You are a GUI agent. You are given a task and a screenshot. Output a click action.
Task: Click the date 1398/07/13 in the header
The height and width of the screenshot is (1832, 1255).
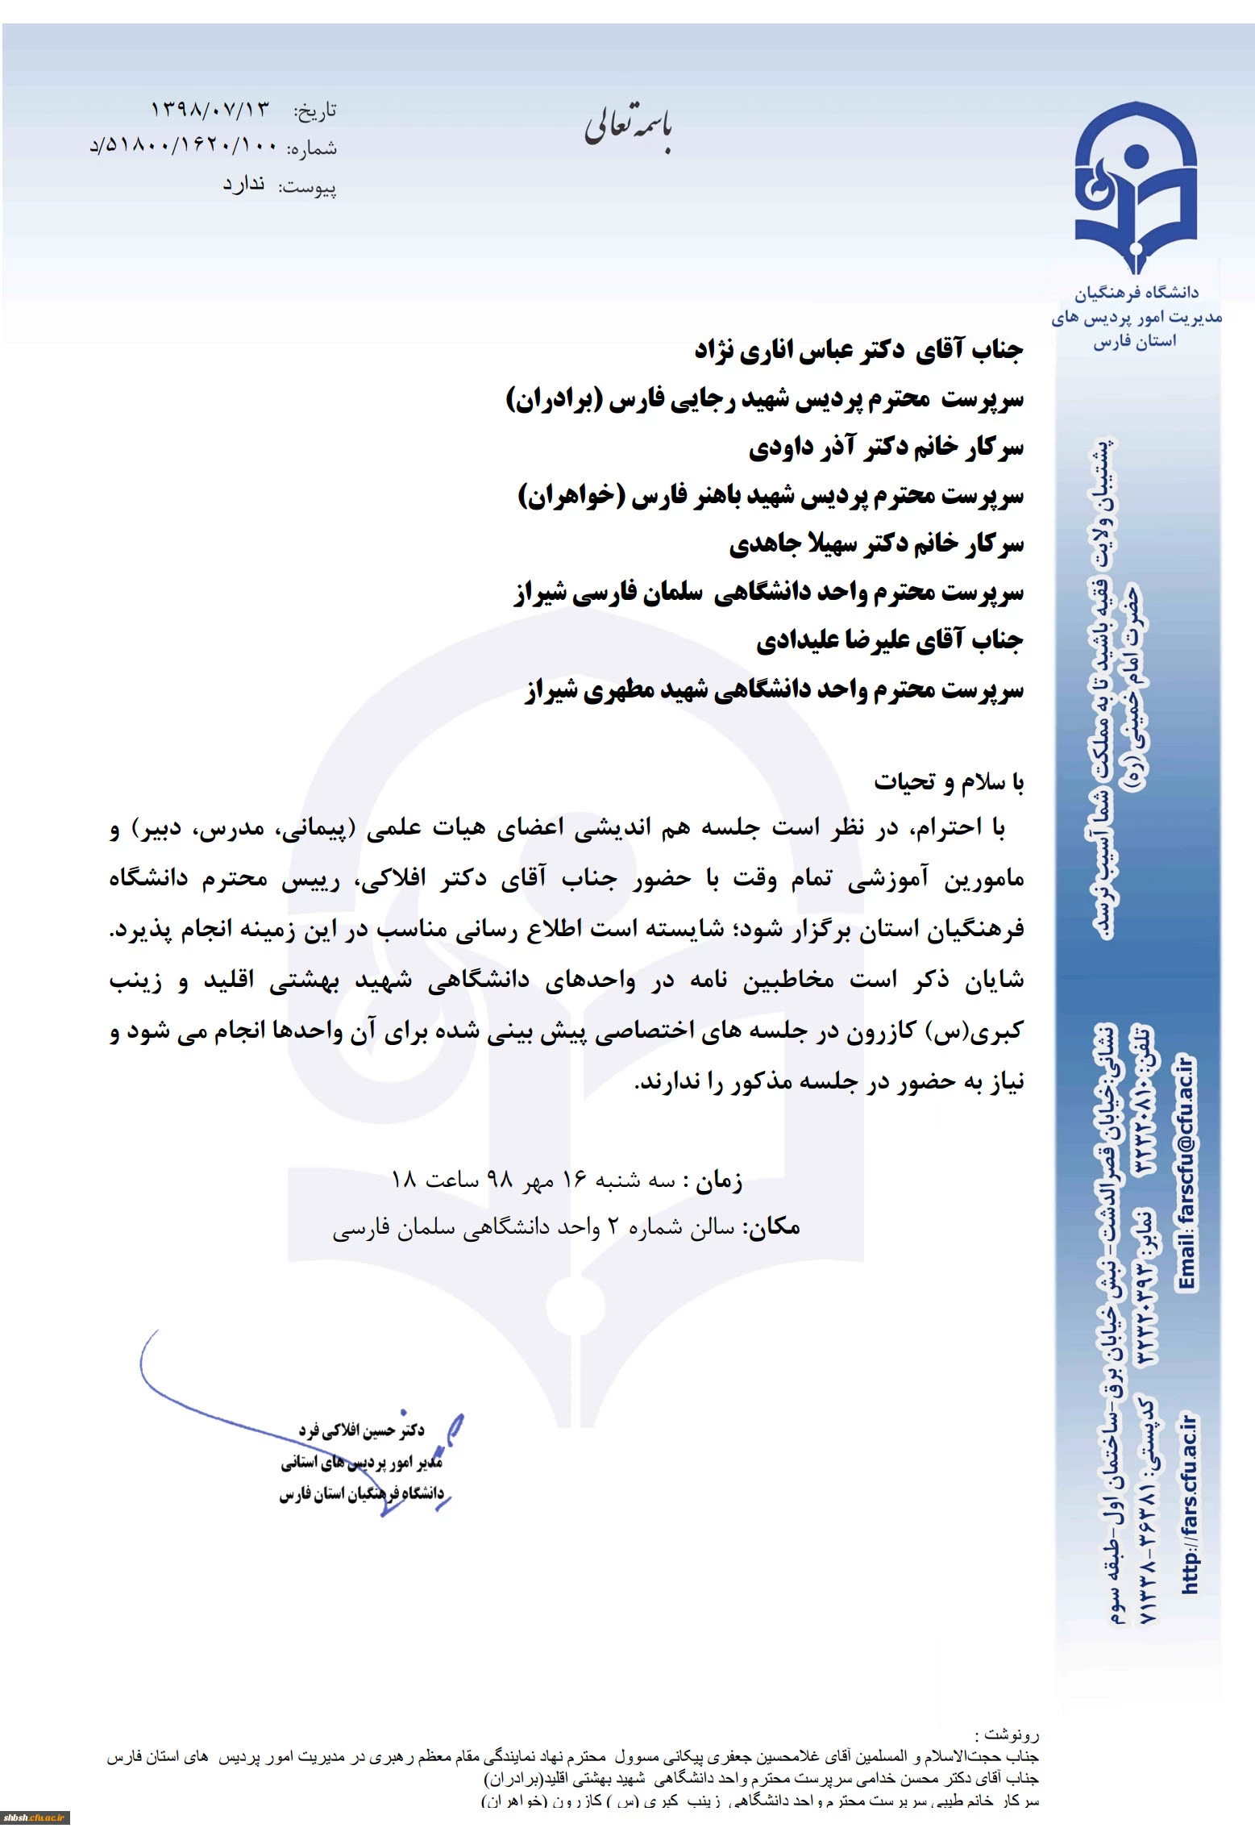pos(209,109)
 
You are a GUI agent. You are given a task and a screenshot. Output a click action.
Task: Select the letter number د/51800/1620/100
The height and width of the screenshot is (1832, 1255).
pos(183,147)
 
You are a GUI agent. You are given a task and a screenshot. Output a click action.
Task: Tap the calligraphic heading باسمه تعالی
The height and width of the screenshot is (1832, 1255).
pos(628,129)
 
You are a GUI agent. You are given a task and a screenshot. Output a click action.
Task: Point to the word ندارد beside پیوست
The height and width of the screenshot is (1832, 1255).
pos(243,185)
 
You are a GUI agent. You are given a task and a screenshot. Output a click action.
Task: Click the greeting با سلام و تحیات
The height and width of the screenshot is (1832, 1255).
pos(949,781)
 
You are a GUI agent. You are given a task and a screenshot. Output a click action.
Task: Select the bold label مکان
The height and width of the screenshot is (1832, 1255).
pos(771,1227)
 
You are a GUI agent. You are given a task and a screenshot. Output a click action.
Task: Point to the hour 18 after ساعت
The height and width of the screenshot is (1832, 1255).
pos(403,1180)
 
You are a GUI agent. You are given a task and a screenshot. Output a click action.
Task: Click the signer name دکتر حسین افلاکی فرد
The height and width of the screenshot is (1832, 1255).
pos(362,1430)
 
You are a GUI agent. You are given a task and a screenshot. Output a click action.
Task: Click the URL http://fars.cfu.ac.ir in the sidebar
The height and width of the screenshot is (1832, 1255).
pos(1189,1505)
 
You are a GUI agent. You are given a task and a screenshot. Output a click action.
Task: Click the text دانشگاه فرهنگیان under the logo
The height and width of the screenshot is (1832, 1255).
pos(1136,293)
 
